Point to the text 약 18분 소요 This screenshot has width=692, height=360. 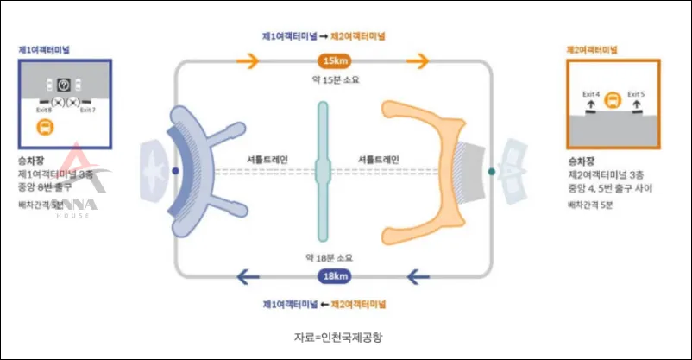(332, 258)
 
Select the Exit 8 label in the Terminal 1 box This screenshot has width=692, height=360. (43, 111)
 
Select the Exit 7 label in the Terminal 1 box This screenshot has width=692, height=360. (87, 111)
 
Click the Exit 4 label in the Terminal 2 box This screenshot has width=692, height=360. (591, 93)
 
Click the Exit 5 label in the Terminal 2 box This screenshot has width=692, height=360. (636, 93)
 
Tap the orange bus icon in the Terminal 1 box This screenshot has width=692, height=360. (43, 129)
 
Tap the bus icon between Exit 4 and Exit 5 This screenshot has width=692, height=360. (613, 99)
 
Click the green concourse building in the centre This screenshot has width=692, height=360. (323, 171)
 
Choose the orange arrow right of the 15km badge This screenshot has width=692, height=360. (418, 60)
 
